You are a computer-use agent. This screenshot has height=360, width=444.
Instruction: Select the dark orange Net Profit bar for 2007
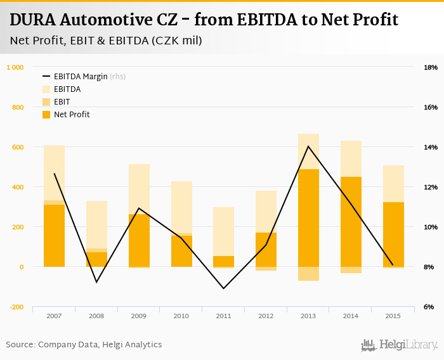(54, 236)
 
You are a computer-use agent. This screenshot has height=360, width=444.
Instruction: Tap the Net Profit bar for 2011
(223, 261)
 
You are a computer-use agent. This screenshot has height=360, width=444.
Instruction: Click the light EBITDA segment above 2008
(96, 224)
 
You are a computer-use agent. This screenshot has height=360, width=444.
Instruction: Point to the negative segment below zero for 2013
(308, 274)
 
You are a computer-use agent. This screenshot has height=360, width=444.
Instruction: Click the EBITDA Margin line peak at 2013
(308, 146)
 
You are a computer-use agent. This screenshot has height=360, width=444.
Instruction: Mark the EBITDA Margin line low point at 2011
(223, 288)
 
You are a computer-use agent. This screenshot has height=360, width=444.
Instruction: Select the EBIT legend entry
(62, 102)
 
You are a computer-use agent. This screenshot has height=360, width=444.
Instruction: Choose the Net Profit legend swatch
(47, 115)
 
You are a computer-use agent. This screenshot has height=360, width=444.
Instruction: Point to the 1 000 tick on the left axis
(15, 67)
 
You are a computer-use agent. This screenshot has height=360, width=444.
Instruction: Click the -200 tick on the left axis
(15, 307)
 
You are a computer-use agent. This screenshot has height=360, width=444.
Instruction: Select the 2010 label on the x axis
(181, 315)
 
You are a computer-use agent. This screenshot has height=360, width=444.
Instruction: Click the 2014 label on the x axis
(351, 315)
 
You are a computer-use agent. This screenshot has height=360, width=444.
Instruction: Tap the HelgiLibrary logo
(400, 345)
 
